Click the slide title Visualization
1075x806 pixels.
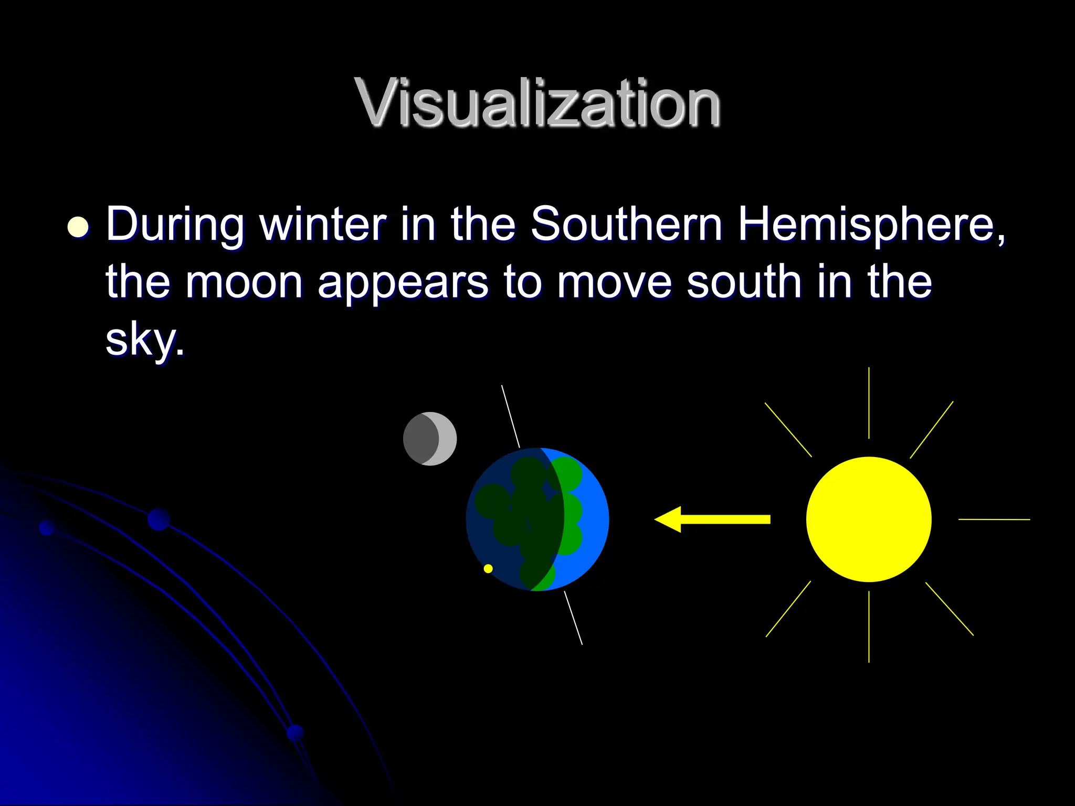537,102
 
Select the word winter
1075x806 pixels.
323,224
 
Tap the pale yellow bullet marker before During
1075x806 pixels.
78,227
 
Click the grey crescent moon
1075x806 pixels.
430,439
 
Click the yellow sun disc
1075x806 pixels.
869,519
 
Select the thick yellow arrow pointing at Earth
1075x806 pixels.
714,519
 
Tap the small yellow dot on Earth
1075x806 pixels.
488,568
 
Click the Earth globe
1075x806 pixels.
537,519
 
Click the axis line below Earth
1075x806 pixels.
573,618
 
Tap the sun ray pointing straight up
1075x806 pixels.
869,402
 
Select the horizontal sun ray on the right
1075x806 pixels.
994,519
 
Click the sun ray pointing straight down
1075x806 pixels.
869,627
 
